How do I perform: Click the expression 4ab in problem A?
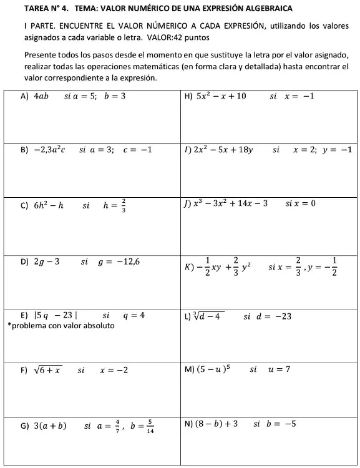point(42,97)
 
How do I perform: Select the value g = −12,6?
point(119,261)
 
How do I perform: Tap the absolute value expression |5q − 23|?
point(60,316)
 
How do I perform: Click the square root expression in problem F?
point(48,370)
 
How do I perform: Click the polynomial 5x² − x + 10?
point(221,96)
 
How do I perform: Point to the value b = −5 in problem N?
point(281,424)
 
